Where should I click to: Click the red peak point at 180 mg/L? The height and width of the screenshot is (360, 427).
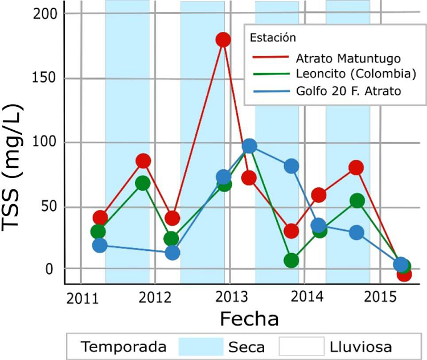pyautogui.click(x=223, y=39)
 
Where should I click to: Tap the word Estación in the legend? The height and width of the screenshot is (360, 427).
pyautogui.click(x=273, y=39)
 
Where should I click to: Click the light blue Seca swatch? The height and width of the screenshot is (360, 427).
pyautogui.click(x=200, y=346)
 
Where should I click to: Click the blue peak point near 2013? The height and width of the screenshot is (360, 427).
pyautogui.click(x=249, y=146)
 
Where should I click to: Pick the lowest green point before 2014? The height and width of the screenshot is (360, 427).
pyautogui.click(x=291, y=260)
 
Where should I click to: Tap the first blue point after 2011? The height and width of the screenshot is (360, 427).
pyautogui.click(x=100, y=245)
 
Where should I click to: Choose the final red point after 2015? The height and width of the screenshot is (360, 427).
pyautogui.click(x=404, y=274)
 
